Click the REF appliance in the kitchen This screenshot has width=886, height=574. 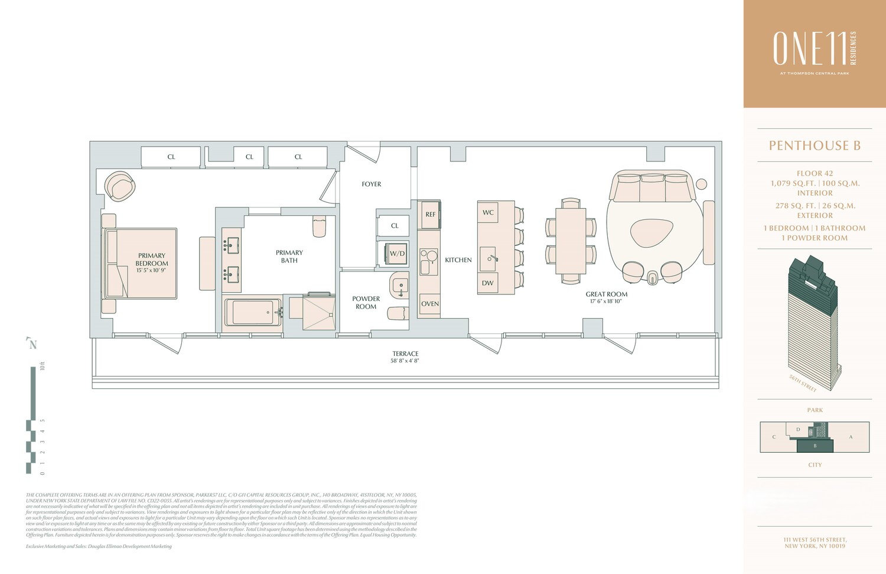(430, 215)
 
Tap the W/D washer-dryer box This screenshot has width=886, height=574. (397, 254)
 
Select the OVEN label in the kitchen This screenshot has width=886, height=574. (430, 304)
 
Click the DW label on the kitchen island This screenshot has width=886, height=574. (487, 283)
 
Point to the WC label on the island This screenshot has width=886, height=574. (488, 212)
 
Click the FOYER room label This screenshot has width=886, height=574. (371, 184)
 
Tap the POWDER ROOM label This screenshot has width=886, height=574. (366, 303)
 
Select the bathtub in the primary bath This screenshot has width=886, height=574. (253, 312)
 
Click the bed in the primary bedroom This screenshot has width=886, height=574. (142, 263)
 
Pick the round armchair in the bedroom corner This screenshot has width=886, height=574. (120, 187)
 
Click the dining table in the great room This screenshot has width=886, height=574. (571, 241)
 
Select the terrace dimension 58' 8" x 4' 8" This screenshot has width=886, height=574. (405, 361)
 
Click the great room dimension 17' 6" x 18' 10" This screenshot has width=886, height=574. (606, 301)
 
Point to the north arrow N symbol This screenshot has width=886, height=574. (32, 344)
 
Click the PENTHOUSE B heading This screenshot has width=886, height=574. (814, 145)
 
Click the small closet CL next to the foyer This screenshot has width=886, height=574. (395, 226)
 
